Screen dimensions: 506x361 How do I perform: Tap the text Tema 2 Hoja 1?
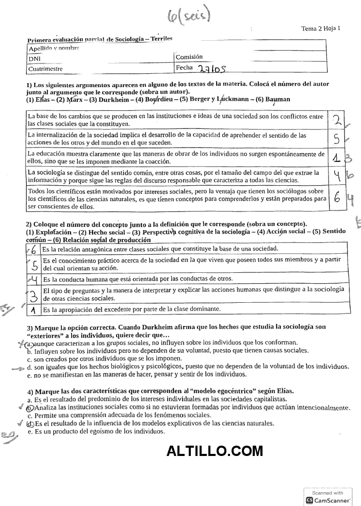[x=321, y=29]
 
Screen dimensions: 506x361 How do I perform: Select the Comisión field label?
[x=189, y=57]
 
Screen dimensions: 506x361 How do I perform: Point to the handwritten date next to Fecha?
[x=212, y=68]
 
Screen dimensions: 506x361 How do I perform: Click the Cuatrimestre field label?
[x=45, y=68]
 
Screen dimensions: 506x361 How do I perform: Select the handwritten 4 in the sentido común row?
[x=336, y=175]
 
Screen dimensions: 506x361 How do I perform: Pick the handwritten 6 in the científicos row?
[x=336, y=199]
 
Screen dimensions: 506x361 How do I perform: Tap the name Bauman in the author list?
[x=278, y=100]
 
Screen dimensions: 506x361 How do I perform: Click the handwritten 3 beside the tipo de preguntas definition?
[x=33, y=296]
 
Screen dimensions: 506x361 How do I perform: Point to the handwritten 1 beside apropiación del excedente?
[x=33, y=311]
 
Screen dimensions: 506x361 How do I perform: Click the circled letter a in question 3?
[x=30, y=343]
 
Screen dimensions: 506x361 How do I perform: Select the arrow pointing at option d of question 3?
[x=18, y=368]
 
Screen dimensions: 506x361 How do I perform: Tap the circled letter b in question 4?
[x=30, y=407]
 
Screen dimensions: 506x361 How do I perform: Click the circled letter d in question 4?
[x=30, y=423]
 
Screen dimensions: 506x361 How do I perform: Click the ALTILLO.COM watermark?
[x=215, y=451]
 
